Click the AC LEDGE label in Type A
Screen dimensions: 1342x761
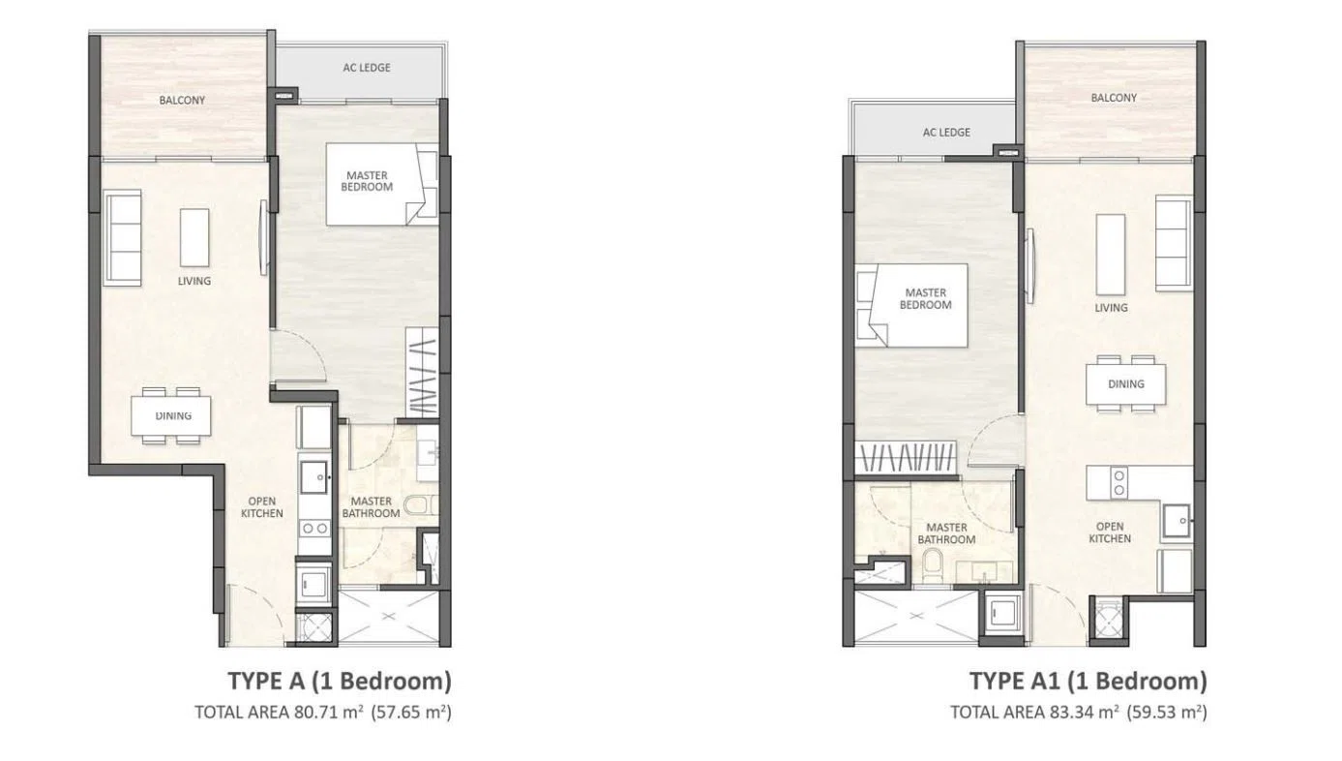pyautogui.click(x=367, y=68)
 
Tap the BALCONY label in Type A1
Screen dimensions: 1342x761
pyautogui.click(x=1113, y=98)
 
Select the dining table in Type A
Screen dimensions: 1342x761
pyautogui.click(x=171, y=415)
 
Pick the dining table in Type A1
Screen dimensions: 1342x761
pyautogui.click(x=1126, y=383)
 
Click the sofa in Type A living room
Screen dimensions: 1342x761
pyautogui.click(x=123, y=237)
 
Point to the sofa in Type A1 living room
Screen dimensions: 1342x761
pyautogui.click(x=1174, y=243)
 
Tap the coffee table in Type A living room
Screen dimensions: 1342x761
pyautogui.click(x=194, y=237)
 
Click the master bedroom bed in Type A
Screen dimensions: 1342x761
pyautogui.click(x=382, y=184)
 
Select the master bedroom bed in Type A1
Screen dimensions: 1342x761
pyautogui.click(x=911, y=305)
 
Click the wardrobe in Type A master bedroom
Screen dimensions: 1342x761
pyautogui.click(x=423, y=372)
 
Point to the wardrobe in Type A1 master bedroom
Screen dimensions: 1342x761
pyautogui.click(x=905, y=458)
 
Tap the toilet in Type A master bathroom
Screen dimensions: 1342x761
pyautogui.click(x=422, y=505)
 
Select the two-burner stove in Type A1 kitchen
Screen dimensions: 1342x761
pyautogui.click(x=1118, y=483)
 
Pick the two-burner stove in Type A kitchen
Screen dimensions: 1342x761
pyautogui.click(x=314, y=529)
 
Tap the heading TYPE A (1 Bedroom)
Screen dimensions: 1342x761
pyautogui.click(x=340, y=682)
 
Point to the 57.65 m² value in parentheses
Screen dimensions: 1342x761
pyautogui.click(x=411, y=712)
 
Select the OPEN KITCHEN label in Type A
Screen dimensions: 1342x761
pyautogui.click(x=262, y=507)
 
